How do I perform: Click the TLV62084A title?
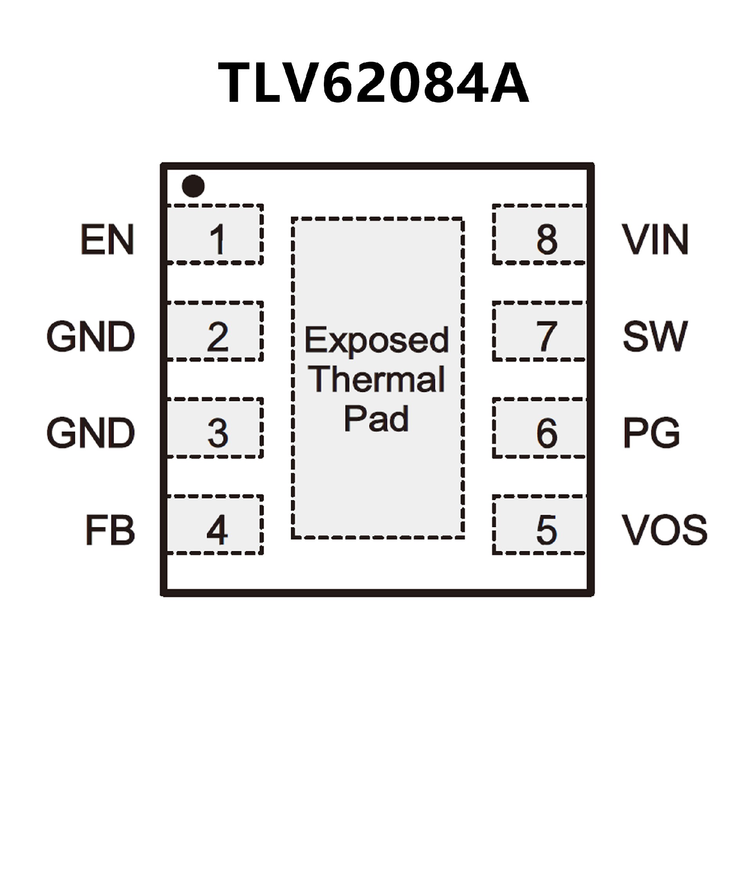(x=374, y=83)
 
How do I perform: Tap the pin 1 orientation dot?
(x=193, y=186)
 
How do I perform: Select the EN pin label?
(x=107, y=239)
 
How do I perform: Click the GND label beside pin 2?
(x=90, y=337)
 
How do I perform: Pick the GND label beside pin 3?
(x=90, y=433)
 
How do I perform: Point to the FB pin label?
(x=110, y=530)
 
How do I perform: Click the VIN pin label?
(x=655, y=239)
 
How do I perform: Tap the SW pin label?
(x=655, y=337)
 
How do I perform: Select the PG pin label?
(x=651, y=433)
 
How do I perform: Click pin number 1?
(x=217, y=239)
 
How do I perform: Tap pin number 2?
(x=217, y=337)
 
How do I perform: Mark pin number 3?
(x=217, y=433)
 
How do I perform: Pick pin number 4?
(x=217, y=530)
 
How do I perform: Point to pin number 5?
(x=546, y=530)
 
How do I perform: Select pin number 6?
(x=546, y=433)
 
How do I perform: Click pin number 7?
(x=546, y=337)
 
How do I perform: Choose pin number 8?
(x=546, y=239)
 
